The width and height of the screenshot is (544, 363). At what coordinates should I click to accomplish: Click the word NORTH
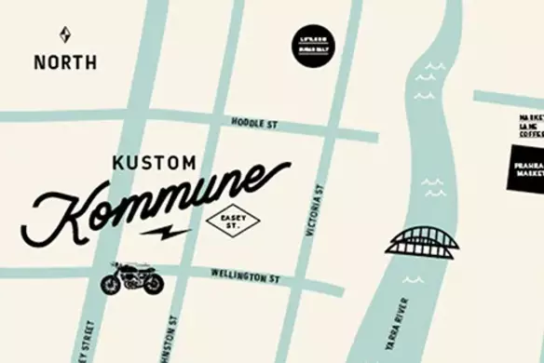(x=64, y=63)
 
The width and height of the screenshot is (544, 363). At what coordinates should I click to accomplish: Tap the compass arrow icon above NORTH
(x=64, y=35)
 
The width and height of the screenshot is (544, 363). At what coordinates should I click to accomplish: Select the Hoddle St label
(x=253, y=121)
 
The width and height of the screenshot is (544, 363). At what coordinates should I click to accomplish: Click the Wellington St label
(x=245, y=276)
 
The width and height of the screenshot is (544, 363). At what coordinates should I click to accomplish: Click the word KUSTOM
(x=154, y=163)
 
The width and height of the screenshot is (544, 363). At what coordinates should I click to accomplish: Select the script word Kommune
(x=158, y=200)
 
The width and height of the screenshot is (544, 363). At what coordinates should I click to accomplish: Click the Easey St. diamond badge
(x=228, y=221)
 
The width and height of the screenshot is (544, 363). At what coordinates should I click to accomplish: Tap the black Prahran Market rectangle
(x=526, y=168)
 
